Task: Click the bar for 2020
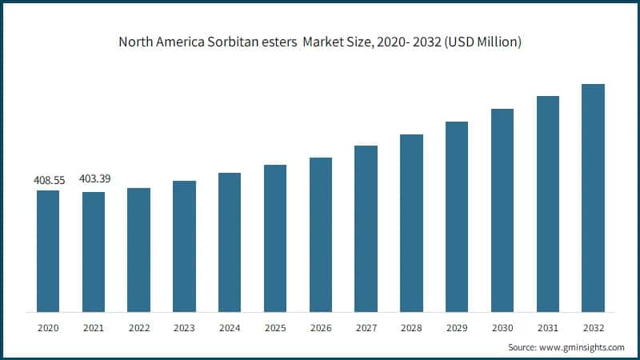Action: pyautogui.click(x=47, y=251)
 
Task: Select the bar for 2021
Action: pyautogui.click(x=93, y=252)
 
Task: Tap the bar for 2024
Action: pyautogui.click(x=230, y=242)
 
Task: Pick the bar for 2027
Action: pyautogui.click(x=366, y=229)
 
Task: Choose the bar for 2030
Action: pyautogui.click(x=502, y=210)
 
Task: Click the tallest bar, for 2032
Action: pyautogui.click(x=593, y=198)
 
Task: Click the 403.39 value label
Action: pyautogui.click(x=94, y=178)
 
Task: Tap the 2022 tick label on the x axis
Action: pyautogui.click(x=138, y=327)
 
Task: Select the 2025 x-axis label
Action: pyautogui.click(x=275, y=327)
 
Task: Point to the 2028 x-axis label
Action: pyautogui.click(x=411, y=327)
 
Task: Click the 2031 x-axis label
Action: pyautogui.click(x=547, y=327)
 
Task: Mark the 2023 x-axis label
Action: pyautogui.click(x=184, y=327)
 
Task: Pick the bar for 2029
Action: pyautogui.click(x=457, y=217)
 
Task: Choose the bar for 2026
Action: pyautogui.click(x=321, y=234)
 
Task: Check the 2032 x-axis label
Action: pyautogui.click(x=593, y=327)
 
